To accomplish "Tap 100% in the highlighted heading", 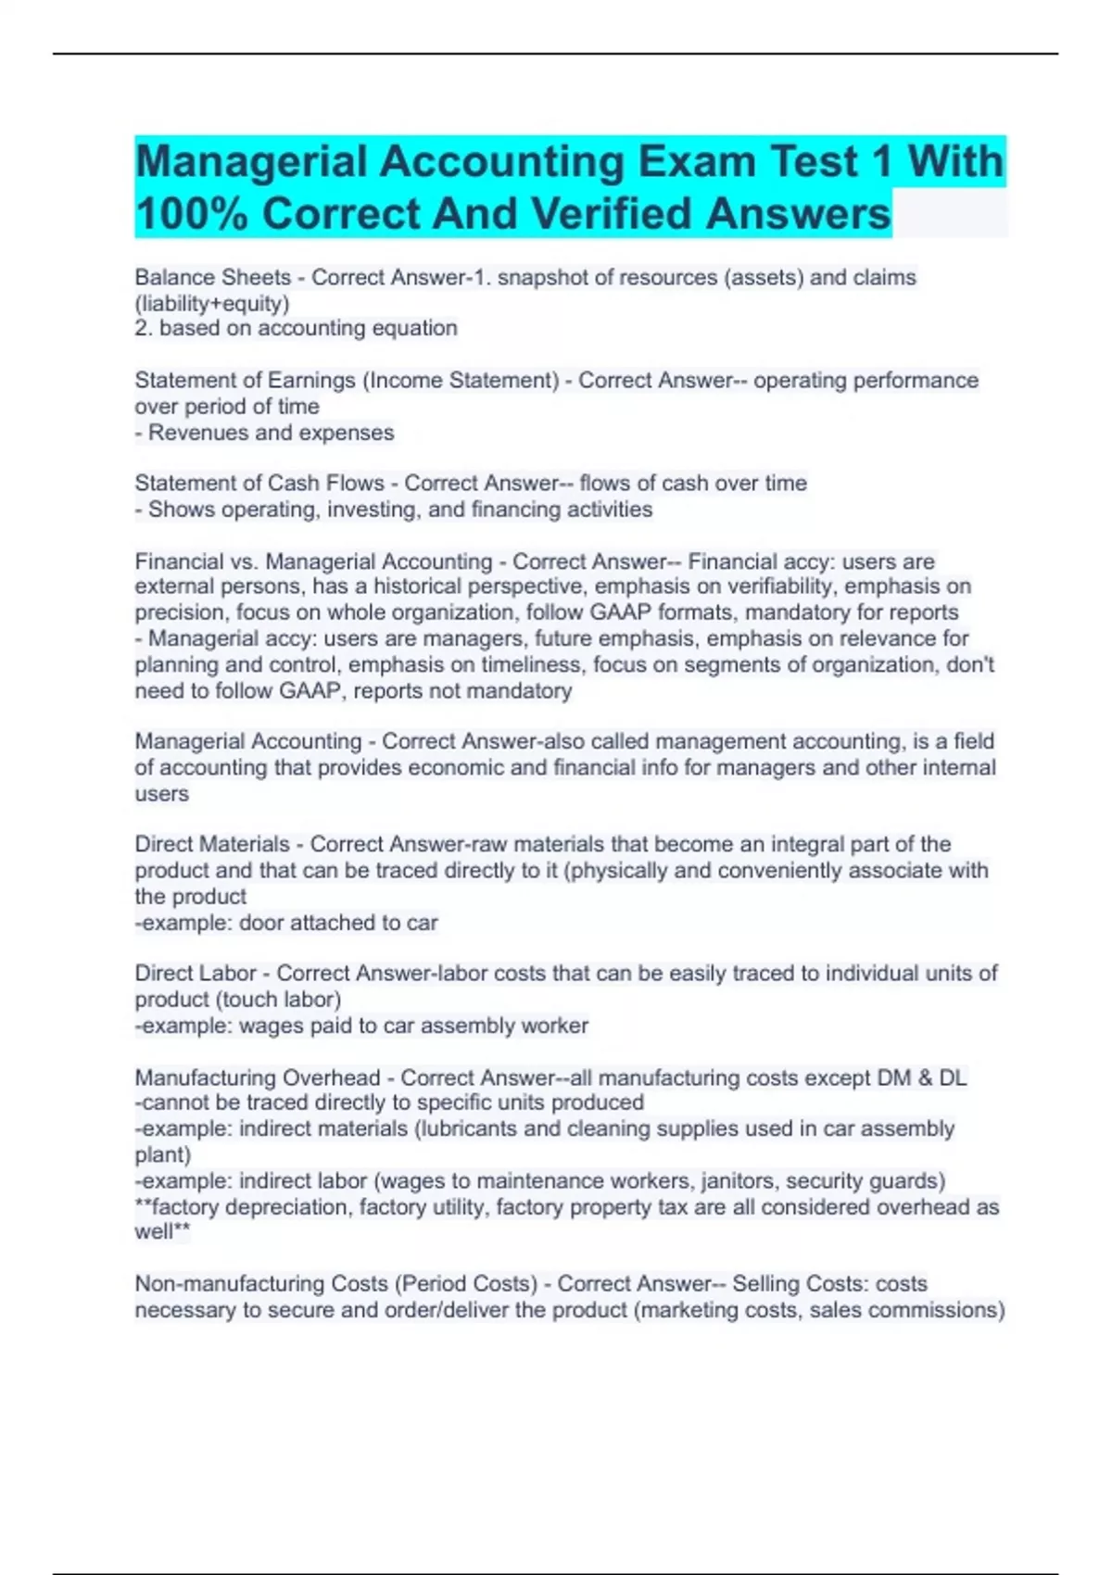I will [x=192, y=214].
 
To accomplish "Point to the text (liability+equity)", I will [x=212, y=303].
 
